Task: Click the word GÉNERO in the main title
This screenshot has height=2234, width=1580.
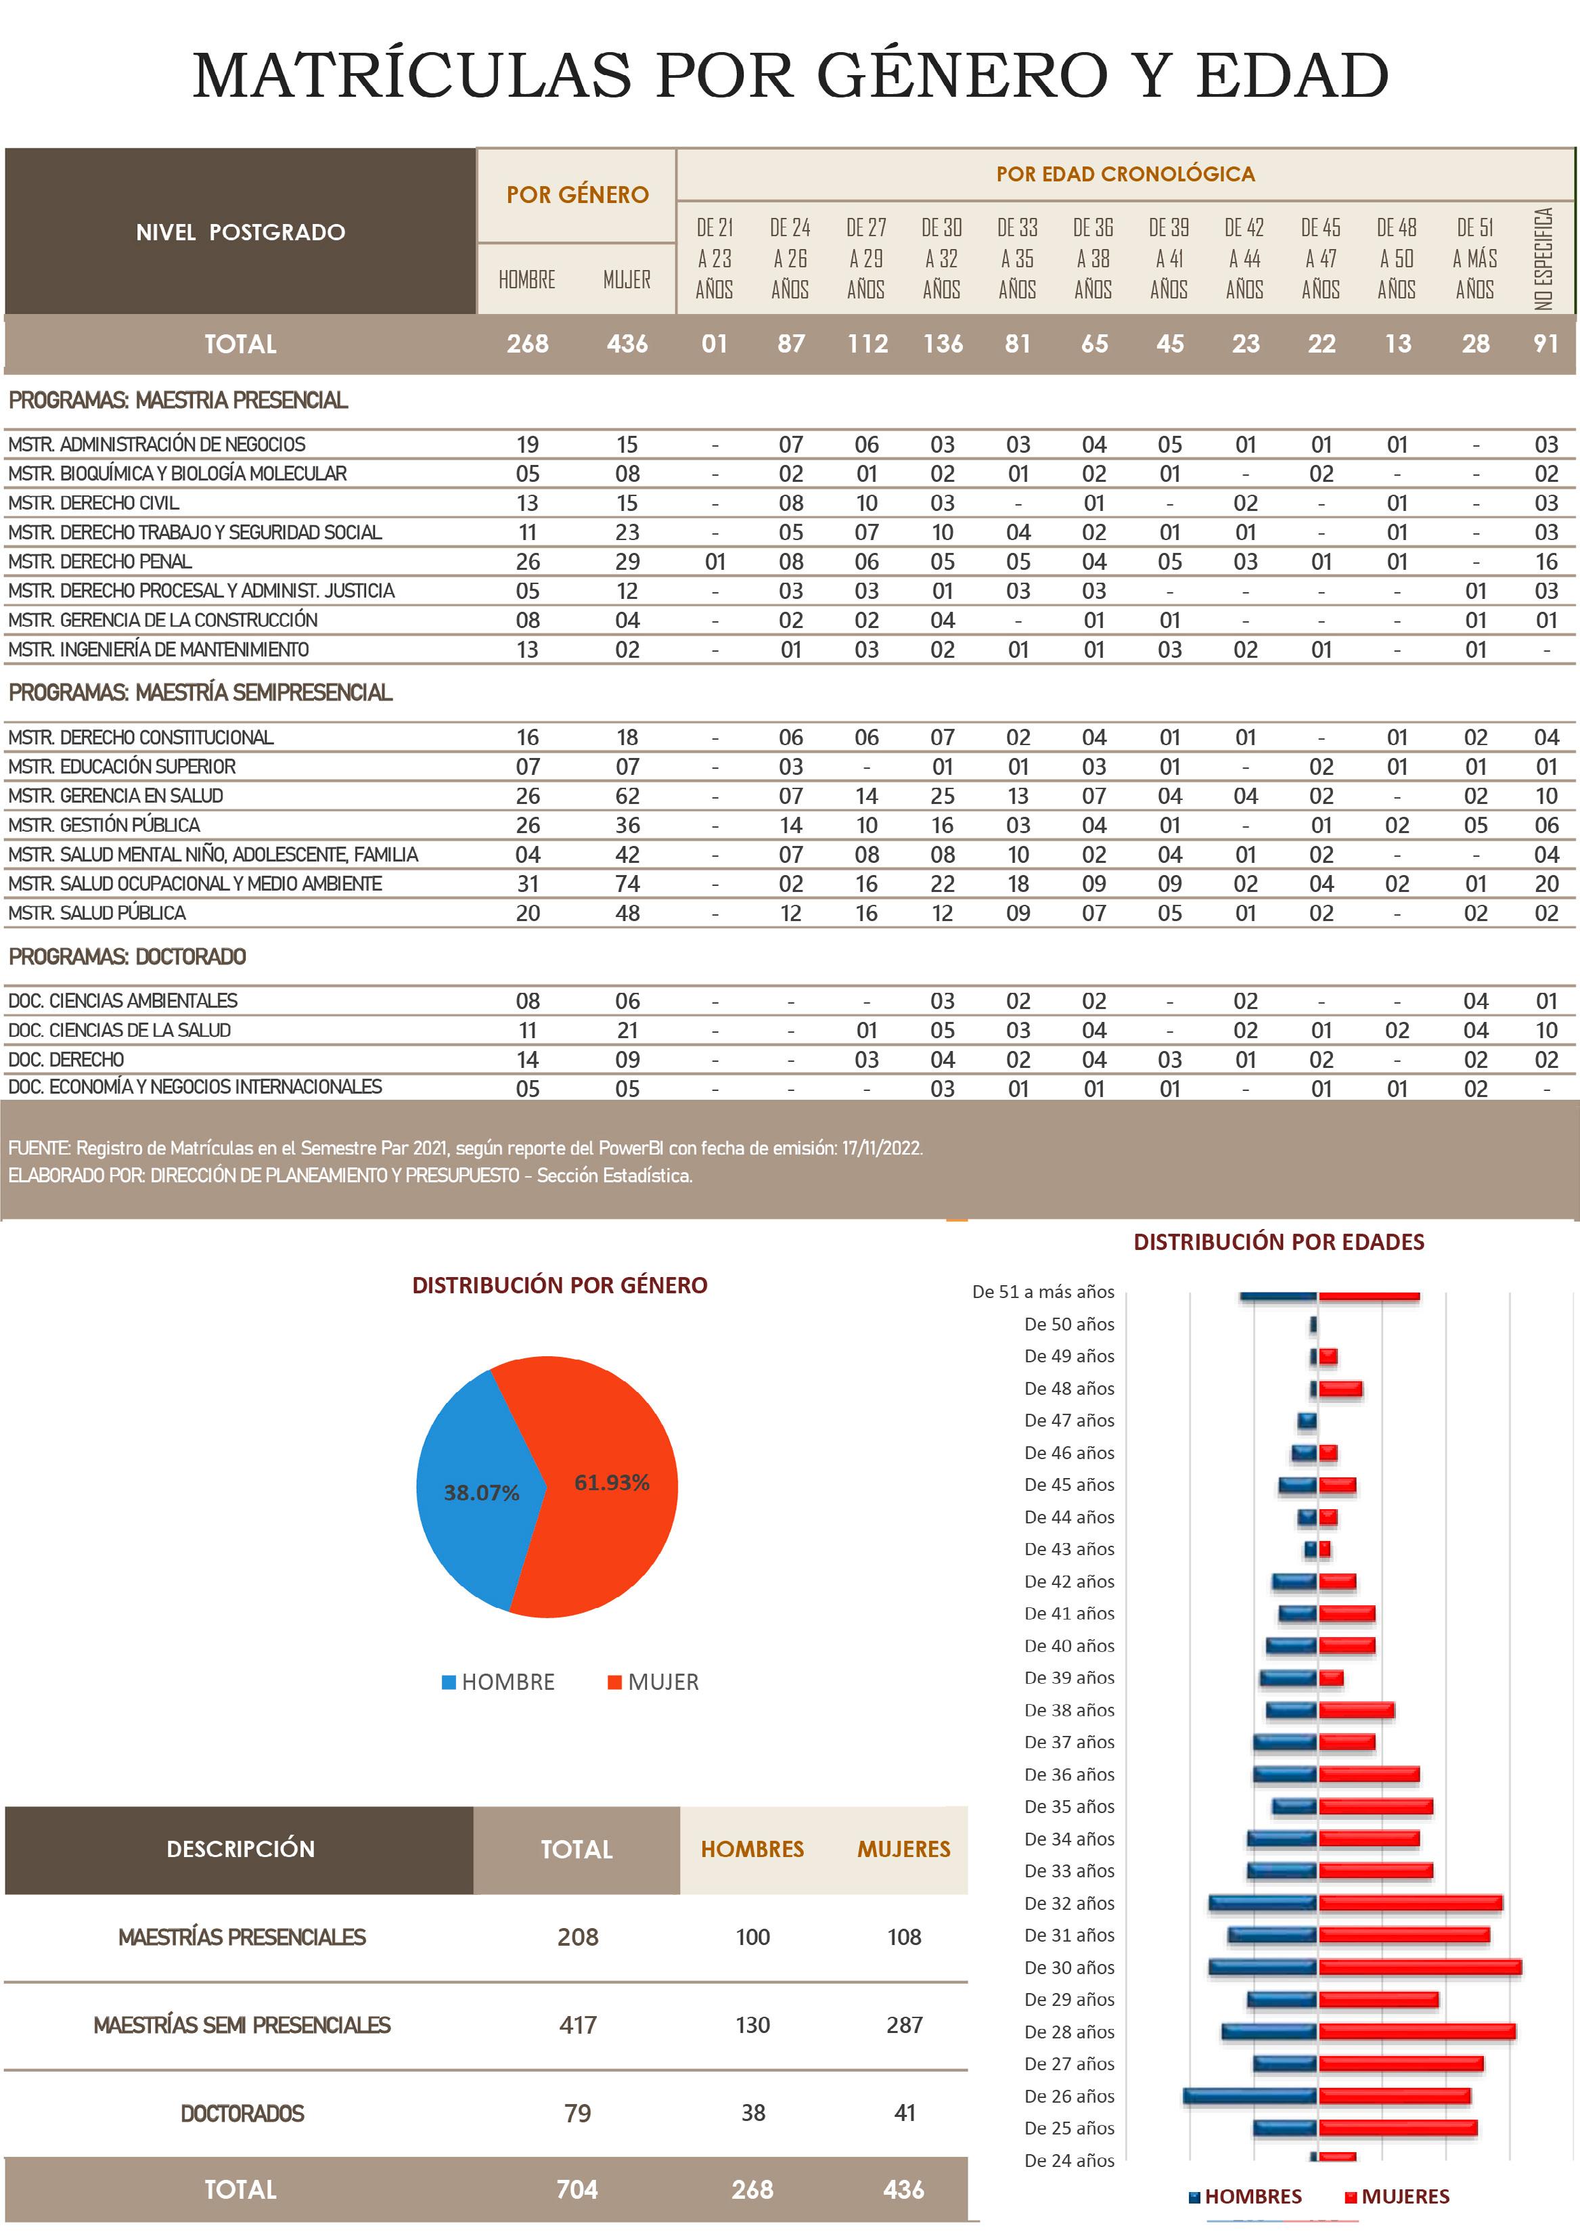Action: tap(962, 75)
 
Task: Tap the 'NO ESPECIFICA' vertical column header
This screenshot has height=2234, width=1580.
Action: tap(1544, 258)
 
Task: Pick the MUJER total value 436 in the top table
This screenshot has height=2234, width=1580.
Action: tap(627, 344)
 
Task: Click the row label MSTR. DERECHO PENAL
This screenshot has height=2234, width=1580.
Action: tap(100, 562)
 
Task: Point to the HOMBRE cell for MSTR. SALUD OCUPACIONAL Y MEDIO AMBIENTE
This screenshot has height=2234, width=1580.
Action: tap(527, 883)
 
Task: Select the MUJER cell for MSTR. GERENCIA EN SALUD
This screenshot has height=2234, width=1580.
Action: tap(627, 796)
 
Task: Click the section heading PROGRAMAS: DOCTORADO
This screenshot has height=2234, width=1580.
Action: tap(127, 956)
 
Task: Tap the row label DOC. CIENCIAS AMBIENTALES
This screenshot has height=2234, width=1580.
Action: tap(122, 1000)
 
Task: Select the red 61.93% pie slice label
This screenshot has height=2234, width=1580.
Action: tap(611, 1483)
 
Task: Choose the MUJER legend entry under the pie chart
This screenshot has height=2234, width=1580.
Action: tap(662, 1682)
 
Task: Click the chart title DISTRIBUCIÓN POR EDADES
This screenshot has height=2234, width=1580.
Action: tap(1278, 1242)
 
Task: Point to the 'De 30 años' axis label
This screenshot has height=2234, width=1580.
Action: tap(1068, 1967)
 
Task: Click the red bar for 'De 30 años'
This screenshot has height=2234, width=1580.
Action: tap(1420, 1967)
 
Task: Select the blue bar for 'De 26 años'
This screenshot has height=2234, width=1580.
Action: tap(1250, 2096)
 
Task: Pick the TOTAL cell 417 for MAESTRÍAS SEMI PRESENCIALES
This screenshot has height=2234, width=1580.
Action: tap(577, 2025)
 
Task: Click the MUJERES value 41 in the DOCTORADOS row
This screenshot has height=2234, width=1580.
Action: tap(904, 2112)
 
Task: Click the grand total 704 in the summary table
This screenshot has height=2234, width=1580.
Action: tap(577, 2189)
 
